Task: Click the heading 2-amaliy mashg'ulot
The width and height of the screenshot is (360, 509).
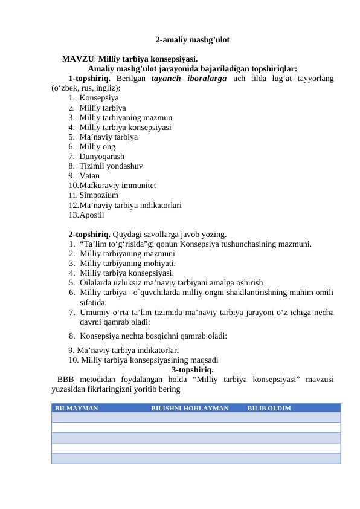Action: (192, 41)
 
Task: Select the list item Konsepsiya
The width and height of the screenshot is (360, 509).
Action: (99, 98)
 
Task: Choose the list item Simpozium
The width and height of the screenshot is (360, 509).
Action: (98, 195)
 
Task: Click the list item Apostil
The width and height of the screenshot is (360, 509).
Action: (92, 215)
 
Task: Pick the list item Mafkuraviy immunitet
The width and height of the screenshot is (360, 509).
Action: (118, 186)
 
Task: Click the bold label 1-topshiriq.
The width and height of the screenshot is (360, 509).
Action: (89, 79)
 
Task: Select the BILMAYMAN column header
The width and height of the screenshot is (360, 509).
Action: (77, 409)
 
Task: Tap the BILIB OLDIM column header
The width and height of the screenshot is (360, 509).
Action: (269, 409)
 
